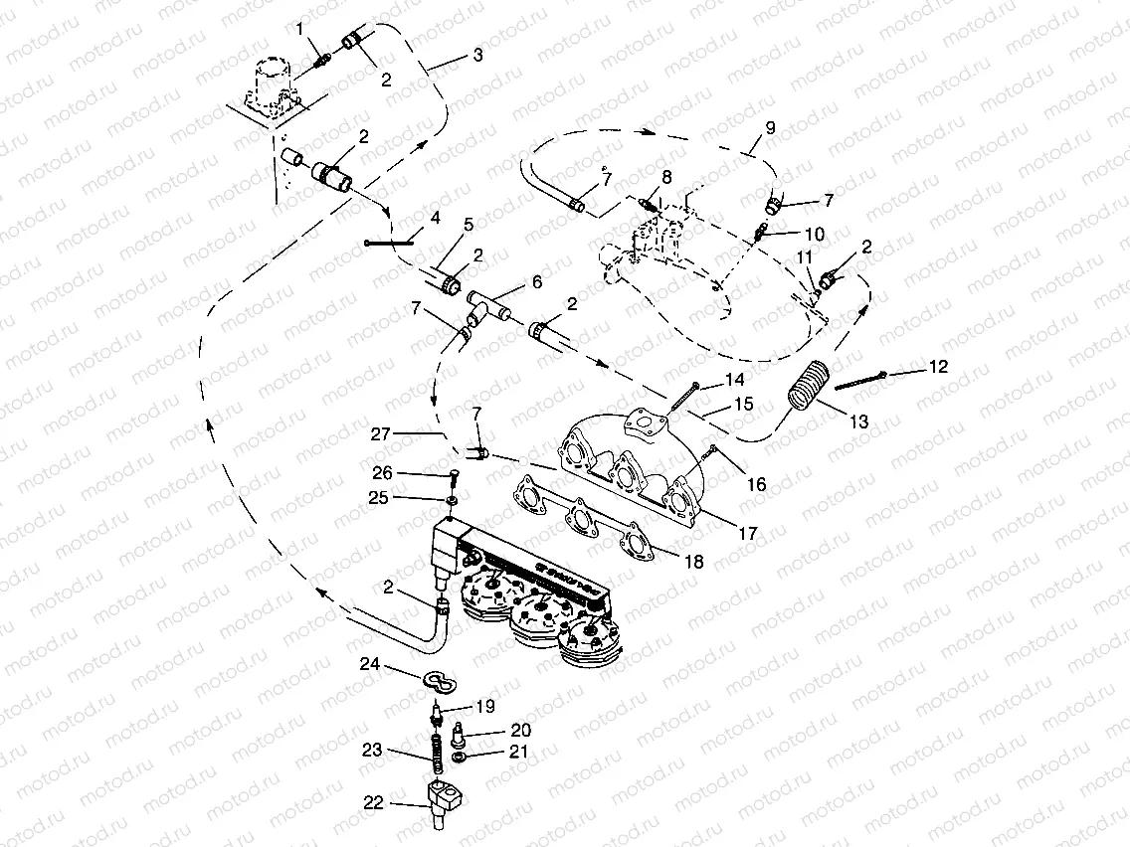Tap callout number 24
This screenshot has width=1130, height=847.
tap(370, 664)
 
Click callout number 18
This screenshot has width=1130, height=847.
tap(693, 562)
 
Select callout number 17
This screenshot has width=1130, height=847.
tap(747, 534)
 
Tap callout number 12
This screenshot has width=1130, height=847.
tap(937, 367)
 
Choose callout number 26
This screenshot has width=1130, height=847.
tap(382, 472)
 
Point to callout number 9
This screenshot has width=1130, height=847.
tap(769, 127)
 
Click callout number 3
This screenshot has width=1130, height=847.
tap(477, 56)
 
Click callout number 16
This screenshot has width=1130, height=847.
tap(757, 484)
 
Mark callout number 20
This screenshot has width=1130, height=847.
tap(521, 730)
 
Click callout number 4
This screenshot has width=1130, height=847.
tap(435, 218)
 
